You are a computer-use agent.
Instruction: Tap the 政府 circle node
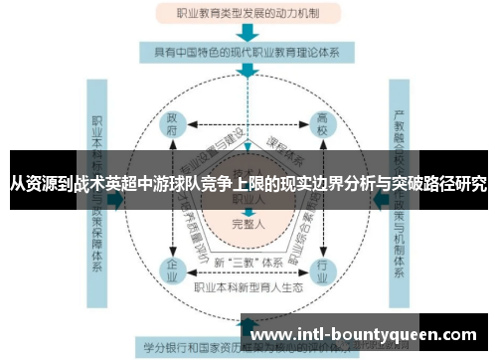pos(173,128)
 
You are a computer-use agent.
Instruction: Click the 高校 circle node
pos(322,128)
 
